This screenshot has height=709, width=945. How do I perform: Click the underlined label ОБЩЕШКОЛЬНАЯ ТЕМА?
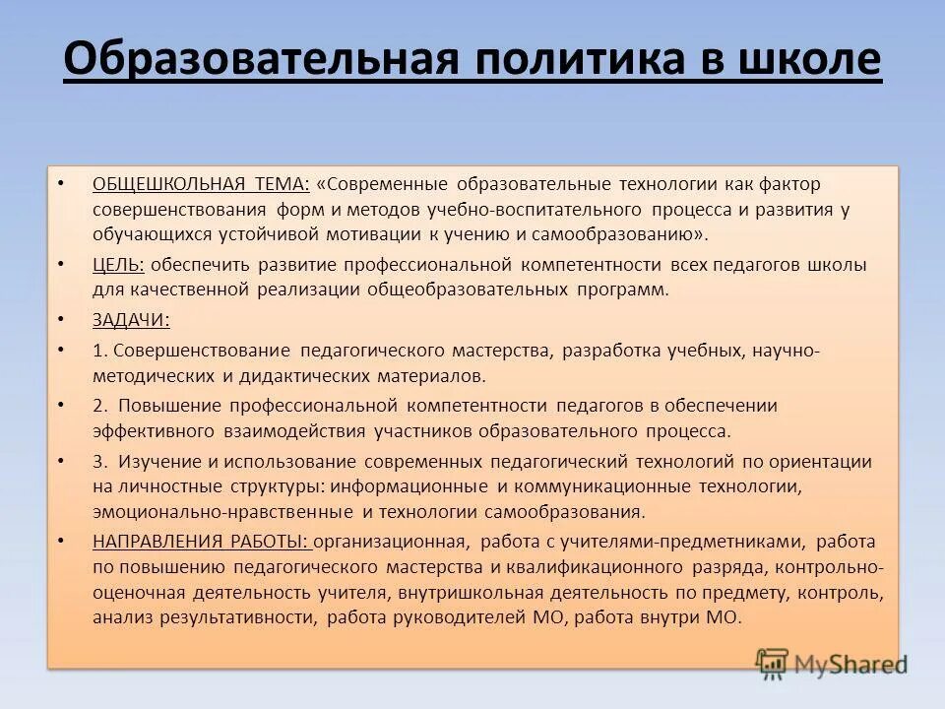coord(201,184)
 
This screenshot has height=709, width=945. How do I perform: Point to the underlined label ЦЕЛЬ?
coord(118,264)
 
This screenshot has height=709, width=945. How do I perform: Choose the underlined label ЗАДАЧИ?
coord(131,319)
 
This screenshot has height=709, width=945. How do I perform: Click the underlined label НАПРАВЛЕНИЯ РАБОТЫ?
coord(201,541)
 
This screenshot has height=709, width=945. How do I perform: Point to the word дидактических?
coord(296,375)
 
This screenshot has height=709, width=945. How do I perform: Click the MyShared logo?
coord(831,661)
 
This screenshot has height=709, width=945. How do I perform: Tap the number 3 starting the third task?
coord(98,461)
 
